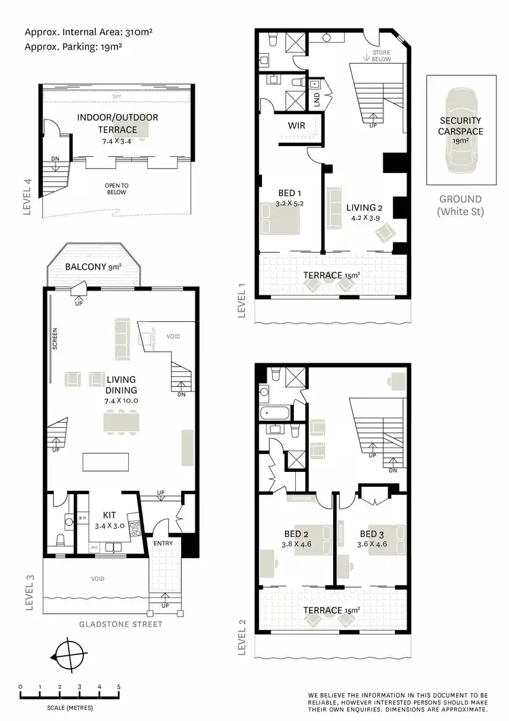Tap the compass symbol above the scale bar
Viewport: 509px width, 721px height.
(x=69, y=657)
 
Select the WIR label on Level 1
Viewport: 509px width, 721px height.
(x=295, y=126)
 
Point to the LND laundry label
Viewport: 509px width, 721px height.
(x=317, y=99)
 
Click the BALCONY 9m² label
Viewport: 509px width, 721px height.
(x=94, y=267)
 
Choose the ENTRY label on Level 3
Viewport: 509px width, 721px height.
(x=163, y=544)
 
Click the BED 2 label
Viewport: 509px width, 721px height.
(x=295, y=533)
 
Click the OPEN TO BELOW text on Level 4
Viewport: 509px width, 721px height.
(x=116, y=188)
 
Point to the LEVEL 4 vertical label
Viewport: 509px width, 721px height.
(x=28, y=196)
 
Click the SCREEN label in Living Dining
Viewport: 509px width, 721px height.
(x=55, y=340)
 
